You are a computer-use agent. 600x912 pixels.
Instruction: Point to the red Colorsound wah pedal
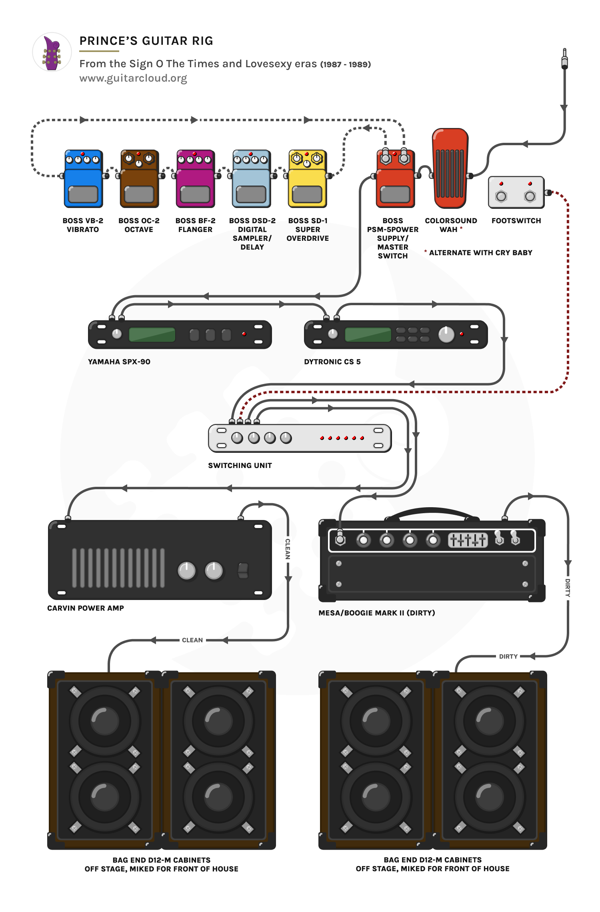(450, 168)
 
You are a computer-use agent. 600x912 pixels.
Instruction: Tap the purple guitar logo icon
(52, 52)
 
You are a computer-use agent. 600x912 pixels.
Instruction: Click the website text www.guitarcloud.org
(133, 78)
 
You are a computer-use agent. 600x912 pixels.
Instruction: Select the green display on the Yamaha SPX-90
(152, 334)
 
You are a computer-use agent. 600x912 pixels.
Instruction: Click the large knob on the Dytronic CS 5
(446, 334)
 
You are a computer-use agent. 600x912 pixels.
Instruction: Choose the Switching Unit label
(240, 466)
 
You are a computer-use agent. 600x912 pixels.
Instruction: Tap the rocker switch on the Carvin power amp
(243, 570)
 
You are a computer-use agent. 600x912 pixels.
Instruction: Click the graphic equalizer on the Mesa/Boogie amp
(468, 540)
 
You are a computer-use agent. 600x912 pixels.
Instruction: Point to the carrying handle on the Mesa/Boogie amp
(432, 512)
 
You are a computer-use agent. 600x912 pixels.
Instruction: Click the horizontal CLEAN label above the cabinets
(192, 640)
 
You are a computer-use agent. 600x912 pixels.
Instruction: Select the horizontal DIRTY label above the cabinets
(508, 656)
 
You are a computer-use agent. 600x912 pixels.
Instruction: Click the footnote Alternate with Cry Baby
(480, 253)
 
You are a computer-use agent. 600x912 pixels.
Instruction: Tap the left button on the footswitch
(501, 196)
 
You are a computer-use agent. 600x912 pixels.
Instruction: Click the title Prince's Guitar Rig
(146, 41)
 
